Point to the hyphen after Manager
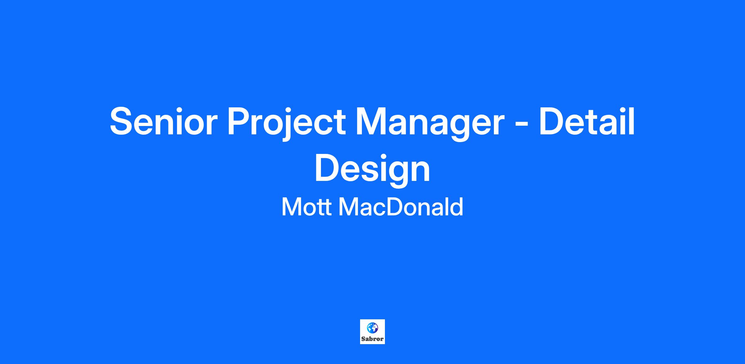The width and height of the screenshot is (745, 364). coord(519,124)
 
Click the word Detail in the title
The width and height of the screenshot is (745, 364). coord(587,121)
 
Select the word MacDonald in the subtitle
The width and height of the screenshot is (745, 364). coord(401,207)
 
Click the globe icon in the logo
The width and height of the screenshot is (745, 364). coord(372,327)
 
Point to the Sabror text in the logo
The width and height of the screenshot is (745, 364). coord(372,339)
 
